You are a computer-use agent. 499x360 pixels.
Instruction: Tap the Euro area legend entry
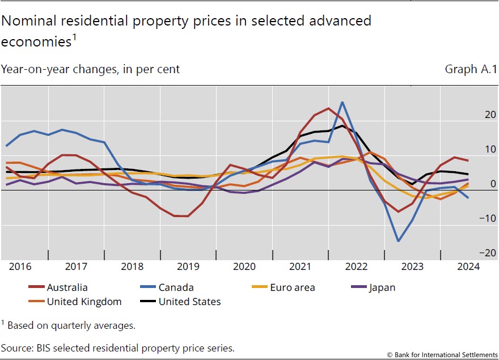click(x=291, y=287)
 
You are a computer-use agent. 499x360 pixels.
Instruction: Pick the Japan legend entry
click(x=382, y=287)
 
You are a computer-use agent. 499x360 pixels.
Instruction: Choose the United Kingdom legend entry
click(x=84, y=302)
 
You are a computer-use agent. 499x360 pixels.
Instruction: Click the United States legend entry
click(x=189, y=302)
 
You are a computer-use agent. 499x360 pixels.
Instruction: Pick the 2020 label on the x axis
click(x=244, y=266)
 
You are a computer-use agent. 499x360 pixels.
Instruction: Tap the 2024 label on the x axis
click(x=468, y=266)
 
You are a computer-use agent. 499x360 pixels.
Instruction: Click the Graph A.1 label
click(x=470, y=69)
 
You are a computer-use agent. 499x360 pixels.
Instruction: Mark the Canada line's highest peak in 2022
click(x=342, y=103)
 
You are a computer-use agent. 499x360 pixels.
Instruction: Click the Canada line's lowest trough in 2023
click(x=399, y=242)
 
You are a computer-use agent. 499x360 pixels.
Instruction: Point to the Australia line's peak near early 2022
click(x=328, y=108)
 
